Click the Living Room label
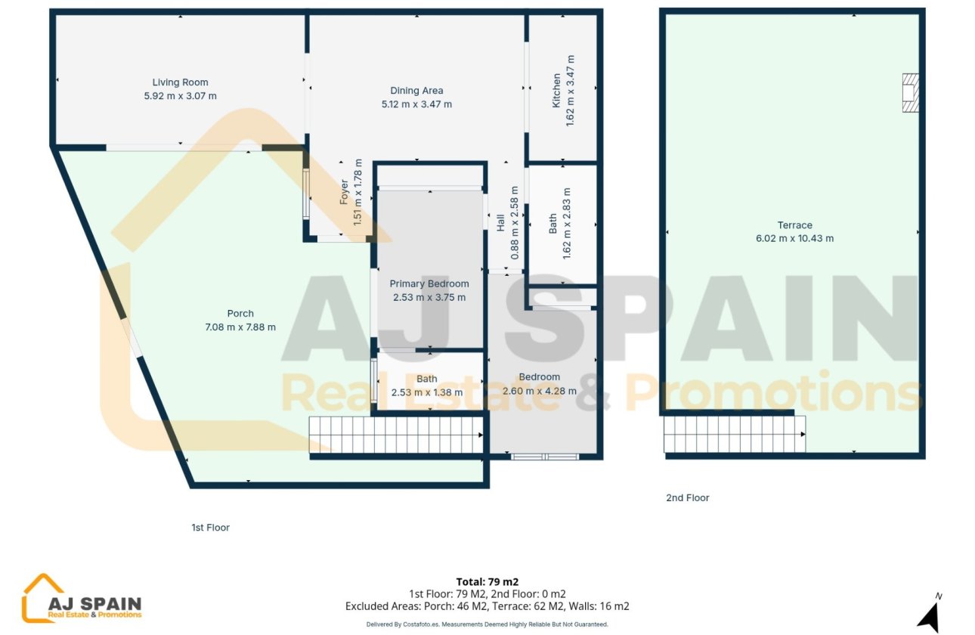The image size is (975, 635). (180, 82)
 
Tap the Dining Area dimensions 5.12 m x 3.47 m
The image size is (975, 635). (416, 104)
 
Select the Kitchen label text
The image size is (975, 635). (557, 90)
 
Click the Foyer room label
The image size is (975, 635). (345, 192)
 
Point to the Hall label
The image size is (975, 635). (500, 223)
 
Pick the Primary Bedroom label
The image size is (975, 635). (429, 284)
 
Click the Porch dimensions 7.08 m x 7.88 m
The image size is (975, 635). (240, 327)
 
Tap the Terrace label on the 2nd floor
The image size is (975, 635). (794, 225)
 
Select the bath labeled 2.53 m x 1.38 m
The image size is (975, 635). (426, 386)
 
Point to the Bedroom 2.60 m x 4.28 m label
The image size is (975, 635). (539, 384)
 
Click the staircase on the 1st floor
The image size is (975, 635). (396, 435)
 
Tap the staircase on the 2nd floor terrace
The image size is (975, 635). (734, 434)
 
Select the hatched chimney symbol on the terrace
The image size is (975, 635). (910, 93)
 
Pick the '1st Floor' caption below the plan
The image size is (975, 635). (210, 528)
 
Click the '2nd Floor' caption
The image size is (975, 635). (687, 498)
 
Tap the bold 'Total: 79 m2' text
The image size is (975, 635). (487, 582)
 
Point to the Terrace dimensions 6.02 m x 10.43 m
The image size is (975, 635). (794, 239)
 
